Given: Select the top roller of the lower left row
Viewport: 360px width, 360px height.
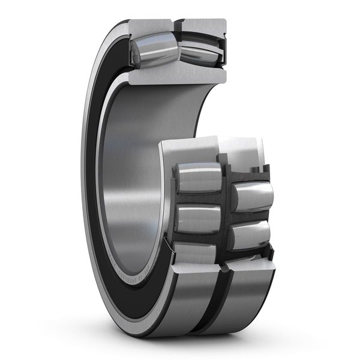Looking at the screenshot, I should pyautogui.click(x=198, y=178).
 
